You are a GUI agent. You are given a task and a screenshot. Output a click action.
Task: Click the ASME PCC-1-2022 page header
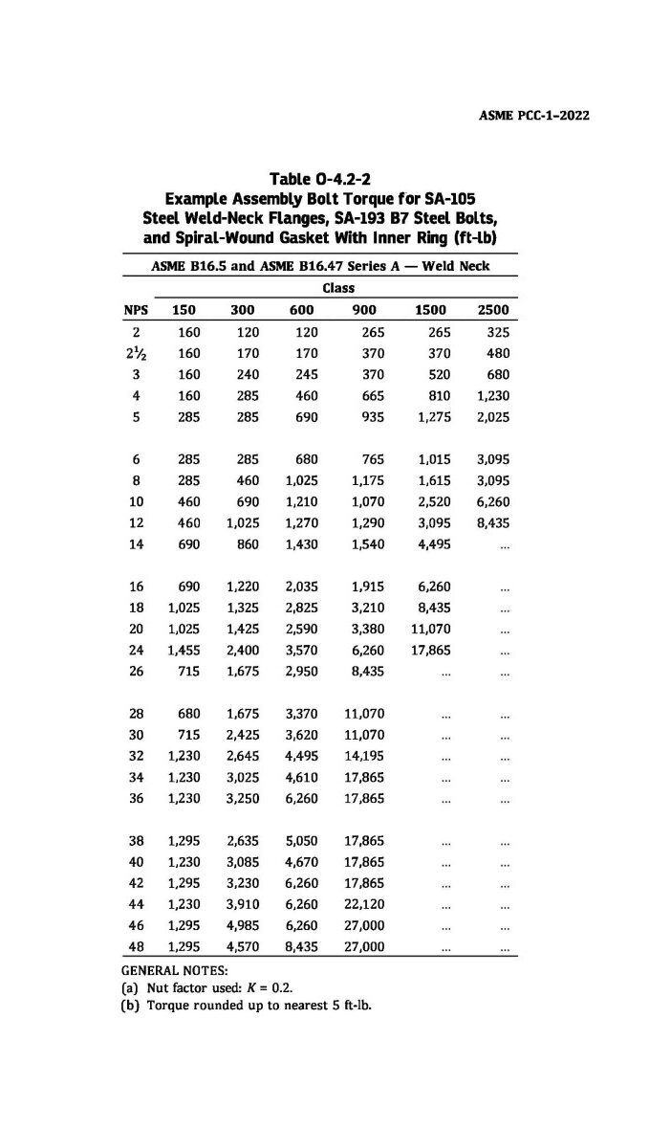click(532, 116)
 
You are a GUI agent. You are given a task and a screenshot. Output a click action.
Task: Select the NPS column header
click(137, 309)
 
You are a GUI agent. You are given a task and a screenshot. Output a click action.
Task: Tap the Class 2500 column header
click(493, 309)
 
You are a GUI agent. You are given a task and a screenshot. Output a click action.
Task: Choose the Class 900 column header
click(363, 309)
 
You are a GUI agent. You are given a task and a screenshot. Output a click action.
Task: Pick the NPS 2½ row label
click(137, 353)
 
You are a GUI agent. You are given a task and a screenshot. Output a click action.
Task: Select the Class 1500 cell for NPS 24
click(430, 651)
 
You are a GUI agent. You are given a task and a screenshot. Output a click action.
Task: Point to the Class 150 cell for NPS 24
click(183, 651)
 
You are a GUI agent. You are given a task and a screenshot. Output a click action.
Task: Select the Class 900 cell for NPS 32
click(363, 756)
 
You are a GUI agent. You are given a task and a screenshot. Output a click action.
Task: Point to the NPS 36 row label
click(137, 798)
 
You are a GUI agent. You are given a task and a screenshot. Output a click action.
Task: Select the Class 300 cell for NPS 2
click(243, 332)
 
